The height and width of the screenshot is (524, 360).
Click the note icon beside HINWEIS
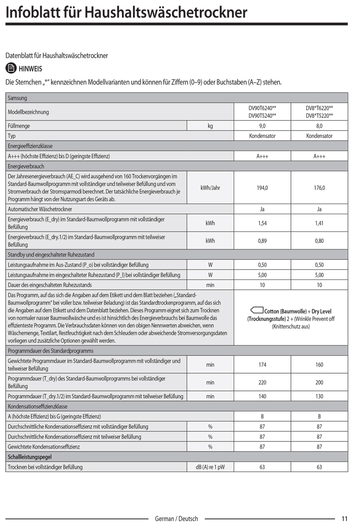11,69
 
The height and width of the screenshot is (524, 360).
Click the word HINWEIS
30,69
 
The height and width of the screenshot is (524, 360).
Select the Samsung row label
17,98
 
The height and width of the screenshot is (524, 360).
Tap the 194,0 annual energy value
262,188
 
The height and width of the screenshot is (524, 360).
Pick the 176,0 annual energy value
319,188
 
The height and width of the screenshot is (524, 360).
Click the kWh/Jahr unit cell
210,188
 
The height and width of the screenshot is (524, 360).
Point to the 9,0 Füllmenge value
262,126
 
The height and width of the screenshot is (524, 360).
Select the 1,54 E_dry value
262,223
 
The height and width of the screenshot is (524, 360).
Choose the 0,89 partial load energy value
262,241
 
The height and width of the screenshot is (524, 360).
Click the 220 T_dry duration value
262,383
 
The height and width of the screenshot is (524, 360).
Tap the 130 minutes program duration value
319,397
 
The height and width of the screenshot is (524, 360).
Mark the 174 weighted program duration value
262,365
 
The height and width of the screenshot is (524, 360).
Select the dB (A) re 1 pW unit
210,467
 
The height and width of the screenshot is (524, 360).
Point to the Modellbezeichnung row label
28,112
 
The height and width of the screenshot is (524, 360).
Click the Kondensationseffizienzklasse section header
37,406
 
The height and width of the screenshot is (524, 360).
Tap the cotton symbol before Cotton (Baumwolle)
256,311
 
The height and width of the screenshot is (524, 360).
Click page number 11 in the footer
345,519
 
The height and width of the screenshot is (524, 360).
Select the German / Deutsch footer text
176,519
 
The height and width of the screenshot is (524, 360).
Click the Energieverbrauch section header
26,166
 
